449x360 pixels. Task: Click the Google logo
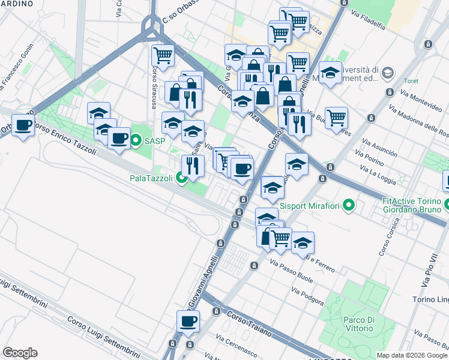tap(20, 353)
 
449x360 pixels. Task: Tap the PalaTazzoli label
tap(151, 178)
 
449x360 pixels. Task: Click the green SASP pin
tap(136, 142)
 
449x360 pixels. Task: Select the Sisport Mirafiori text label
tap(312, 207)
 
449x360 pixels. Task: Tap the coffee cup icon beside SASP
tap(118, 139)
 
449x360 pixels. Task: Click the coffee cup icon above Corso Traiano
tap(188, 321)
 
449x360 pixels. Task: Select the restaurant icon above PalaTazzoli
tap(193, 165)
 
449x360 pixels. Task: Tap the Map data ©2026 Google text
tap(411, 355)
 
